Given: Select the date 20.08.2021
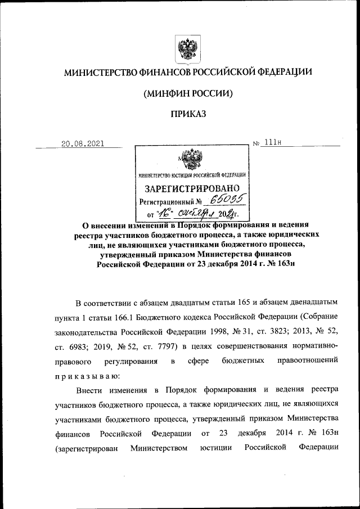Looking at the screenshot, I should (x=82, y=143).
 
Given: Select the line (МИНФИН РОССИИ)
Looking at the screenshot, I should (x=188, y=93).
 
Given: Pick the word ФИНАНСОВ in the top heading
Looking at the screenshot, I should (x=168, y=72).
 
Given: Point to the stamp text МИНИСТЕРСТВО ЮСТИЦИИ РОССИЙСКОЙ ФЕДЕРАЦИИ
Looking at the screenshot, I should (x=192, y=174).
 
